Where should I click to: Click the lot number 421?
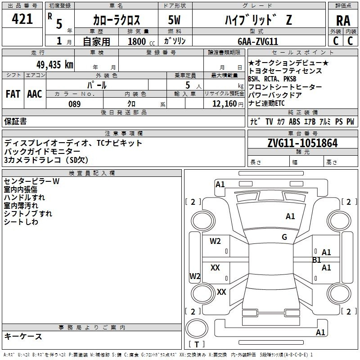[22, 19]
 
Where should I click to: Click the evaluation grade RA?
[343, 21]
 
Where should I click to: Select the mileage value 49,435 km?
[55, 65]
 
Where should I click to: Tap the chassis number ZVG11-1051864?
[302, 143]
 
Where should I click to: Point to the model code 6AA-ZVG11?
[258, 41]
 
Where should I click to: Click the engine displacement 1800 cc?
[141, 41]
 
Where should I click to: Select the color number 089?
[75, 104]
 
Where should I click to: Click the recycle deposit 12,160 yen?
[228, 104]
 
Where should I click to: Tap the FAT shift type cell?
[13, 94]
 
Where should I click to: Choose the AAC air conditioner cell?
[35, 94]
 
